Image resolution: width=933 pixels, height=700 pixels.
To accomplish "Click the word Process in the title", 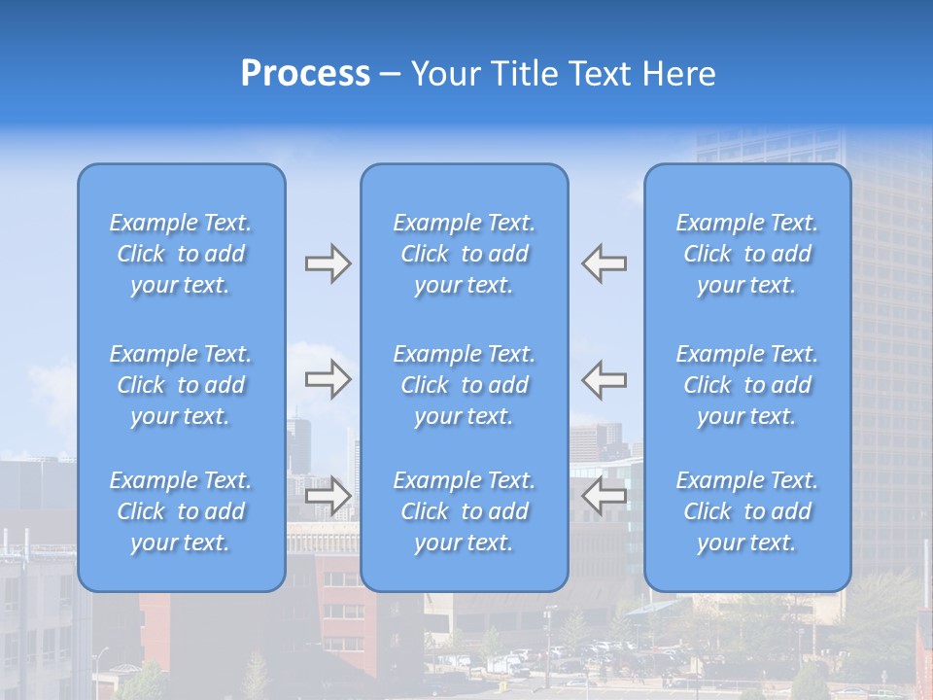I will [x=305, y=74].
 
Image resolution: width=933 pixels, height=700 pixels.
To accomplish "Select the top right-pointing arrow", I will [x=328, y=263].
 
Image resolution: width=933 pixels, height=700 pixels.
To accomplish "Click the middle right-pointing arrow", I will [x=328, y=378].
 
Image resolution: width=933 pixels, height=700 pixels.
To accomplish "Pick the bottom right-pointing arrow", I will [x=328, y=496].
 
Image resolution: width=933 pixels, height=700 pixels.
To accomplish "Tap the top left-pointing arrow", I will [x=605, y=263].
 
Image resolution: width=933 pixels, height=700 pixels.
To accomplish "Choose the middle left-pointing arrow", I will [x=605, y=378].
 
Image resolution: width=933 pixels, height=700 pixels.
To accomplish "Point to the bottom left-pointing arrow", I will [x=605, y=496].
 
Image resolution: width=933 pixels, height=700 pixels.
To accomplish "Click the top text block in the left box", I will [x=181, y=254].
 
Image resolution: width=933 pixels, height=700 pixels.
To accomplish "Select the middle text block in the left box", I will [x=181, y=385].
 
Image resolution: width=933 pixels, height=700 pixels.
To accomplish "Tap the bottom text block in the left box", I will [x=181, y=511].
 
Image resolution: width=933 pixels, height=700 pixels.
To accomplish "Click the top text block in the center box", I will [x=465, y=254].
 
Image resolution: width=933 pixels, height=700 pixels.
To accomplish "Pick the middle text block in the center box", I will [x=465, y=385].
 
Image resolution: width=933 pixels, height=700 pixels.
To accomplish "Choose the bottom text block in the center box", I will [x=465, y=511].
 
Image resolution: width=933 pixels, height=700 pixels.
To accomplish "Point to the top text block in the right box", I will [x=747, y=254].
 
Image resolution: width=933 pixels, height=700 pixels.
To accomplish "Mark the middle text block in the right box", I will [x=747, y=385].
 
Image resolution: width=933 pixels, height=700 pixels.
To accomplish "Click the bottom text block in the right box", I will [x=747, y=511].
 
